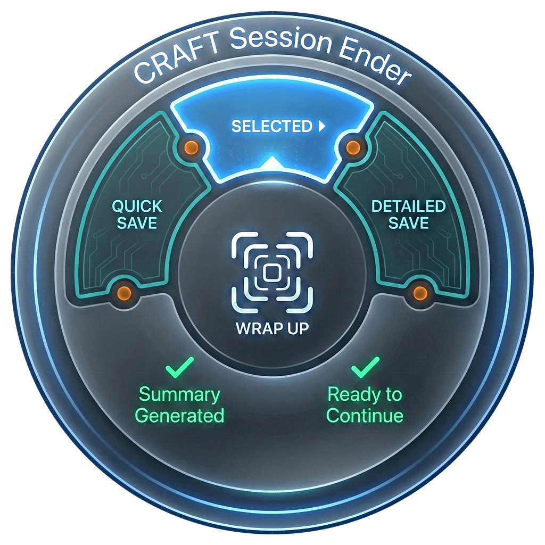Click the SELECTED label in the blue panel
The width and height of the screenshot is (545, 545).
click(271, 127)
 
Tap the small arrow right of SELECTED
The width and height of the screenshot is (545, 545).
click(321, 127)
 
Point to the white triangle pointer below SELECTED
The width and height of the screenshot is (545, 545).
click(272, 163)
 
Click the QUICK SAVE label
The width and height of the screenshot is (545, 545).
click(137, 214)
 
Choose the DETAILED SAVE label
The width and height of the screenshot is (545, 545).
click(408, 214)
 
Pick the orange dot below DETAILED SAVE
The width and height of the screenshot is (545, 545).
click(420, 291)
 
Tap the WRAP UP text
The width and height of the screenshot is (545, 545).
click(272, 328)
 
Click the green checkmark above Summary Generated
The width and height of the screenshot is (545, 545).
click(180, 367)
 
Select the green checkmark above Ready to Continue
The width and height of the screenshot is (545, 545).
click(365, 367)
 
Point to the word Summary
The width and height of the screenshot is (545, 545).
click(180, 395)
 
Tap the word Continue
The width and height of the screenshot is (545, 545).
click(365, 415)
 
